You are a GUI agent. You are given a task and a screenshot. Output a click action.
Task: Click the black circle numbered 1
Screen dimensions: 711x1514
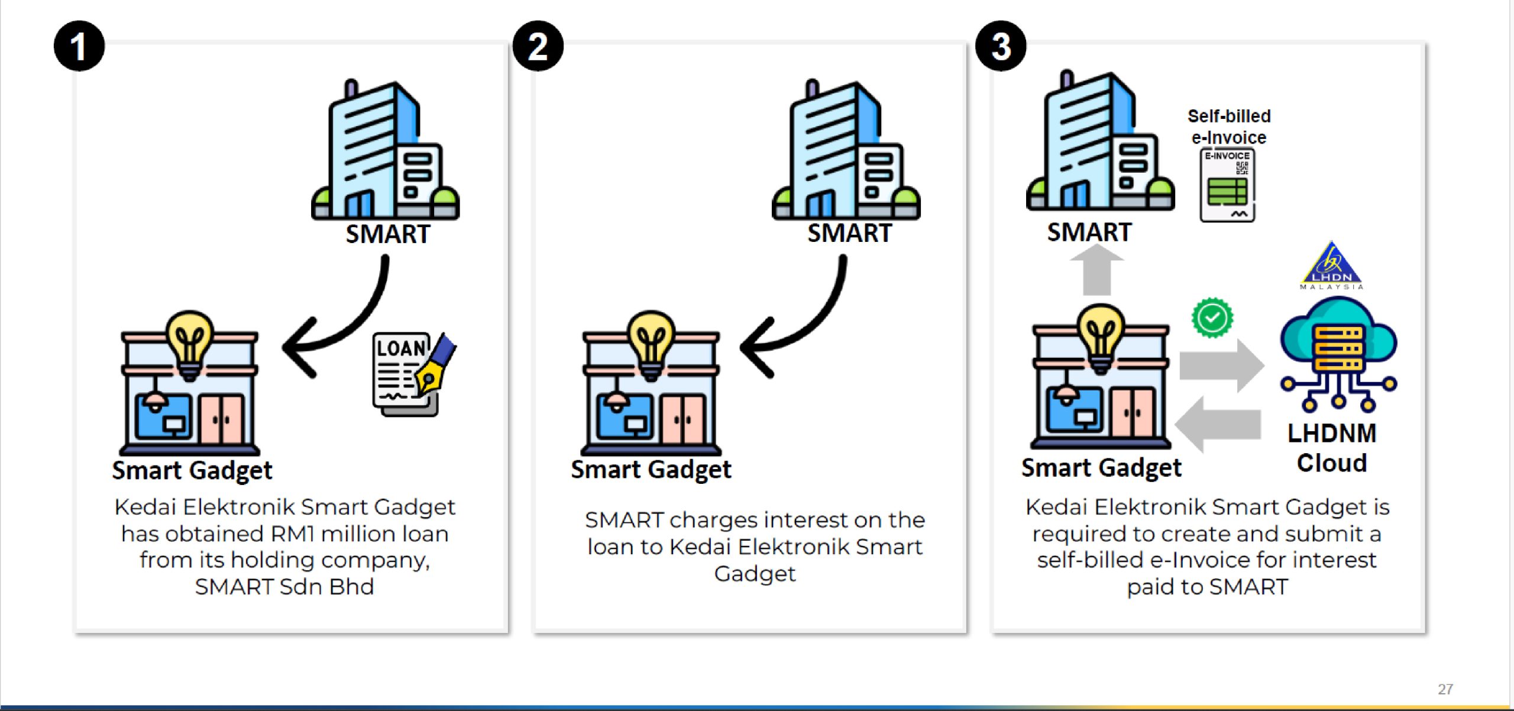79,46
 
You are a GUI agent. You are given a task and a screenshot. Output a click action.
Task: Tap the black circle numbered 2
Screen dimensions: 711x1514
538,46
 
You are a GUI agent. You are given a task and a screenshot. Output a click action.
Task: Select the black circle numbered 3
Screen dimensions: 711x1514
1001,46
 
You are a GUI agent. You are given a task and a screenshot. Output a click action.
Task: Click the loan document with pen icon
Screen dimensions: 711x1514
412,374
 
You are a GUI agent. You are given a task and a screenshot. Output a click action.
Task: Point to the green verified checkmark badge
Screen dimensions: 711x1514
1212,318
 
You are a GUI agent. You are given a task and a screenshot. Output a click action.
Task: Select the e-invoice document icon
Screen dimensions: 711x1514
1227,185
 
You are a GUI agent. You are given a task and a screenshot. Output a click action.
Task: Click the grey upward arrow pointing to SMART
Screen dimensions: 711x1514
1097,270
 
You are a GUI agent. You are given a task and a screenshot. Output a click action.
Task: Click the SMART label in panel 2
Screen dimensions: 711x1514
849,233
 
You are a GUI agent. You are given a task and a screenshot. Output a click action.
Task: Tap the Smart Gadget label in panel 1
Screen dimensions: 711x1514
192,471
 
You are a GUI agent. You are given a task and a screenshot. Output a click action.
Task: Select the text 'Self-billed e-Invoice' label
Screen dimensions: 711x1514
1229,127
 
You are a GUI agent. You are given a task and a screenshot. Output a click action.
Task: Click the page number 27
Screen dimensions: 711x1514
1445,689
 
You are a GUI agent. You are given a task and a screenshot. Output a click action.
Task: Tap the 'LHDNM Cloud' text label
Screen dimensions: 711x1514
1332,448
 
